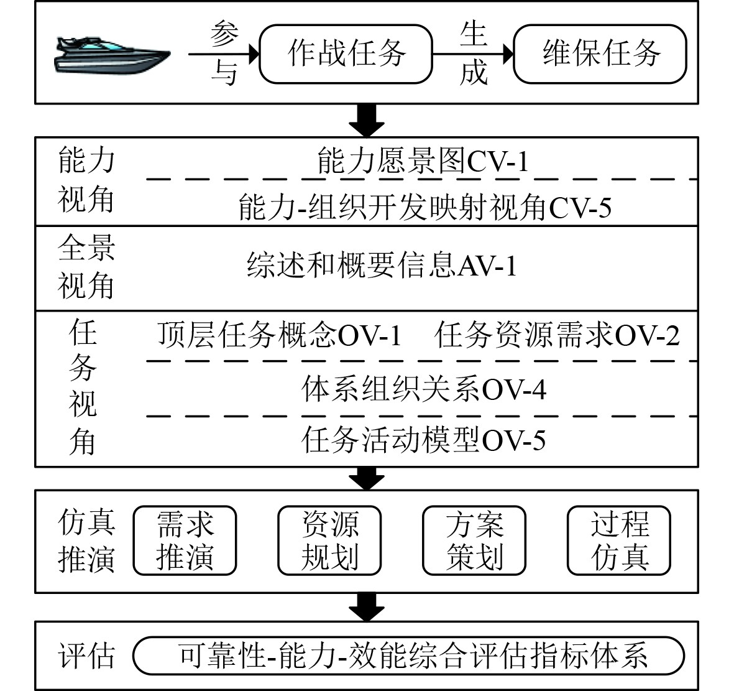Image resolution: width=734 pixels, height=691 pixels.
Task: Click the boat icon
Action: point(112,55)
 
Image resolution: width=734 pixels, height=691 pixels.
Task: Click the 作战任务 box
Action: point(346,53)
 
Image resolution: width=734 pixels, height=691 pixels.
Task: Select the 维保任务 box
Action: point(600,53)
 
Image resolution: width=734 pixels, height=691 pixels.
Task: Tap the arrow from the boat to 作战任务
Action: point(223,54)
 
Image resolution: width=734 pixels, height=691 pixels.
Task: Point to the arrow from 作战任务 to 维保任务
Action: point(472,54)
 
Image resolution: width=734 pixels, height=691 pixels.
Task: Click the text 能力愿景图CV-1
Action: point(423,162)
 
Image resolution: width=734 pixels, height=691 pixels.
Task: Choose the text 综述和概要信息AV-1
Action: point(382,266)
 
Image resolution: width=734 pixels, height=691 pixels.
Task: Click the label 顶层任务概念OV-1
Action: point(279,335)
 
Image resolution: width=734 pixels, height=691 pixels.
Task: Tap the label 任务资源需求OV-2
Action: point(557,335)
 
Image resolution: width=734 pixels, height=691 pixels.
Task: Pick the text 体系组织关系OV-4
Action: point(424,389)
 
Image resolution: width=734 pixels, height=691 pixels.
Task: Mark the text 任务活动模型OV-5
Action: point(424,440)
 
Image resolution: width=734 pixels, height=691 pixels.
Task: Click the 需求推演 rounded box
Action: point(185,540)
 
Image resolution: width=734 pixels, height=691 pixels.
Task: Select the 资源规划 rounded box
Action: point(329,540)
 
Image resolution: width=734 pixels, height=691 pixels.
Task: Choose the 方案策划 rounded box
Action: point(474,540)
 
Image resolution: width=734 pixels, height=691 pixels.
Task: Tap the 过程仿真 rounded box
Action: point(619,540)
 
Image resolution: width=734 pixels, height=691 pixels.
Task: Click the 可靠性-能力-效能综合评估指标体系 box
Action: point(409,655)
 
